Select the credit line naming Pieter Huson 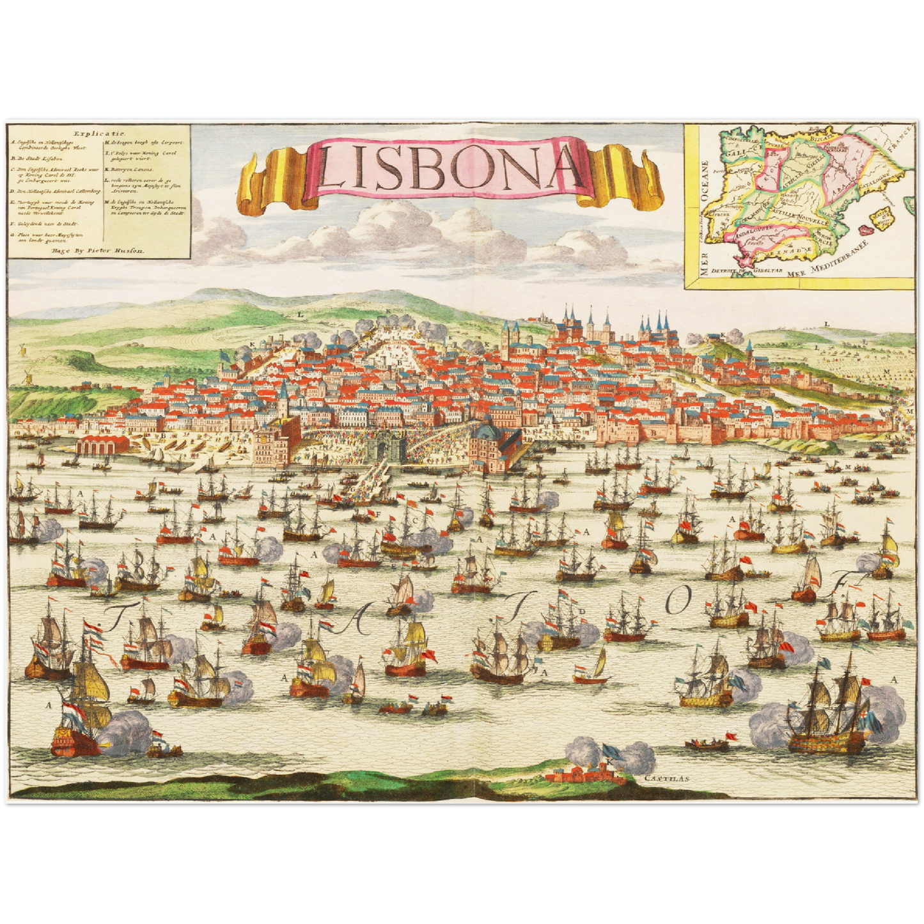(x=98, y=251)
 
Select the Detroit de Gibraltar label (x=745, y=270)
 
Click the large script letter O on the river (x=680, y=600)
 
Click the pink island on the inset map (x=867, y=228)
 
